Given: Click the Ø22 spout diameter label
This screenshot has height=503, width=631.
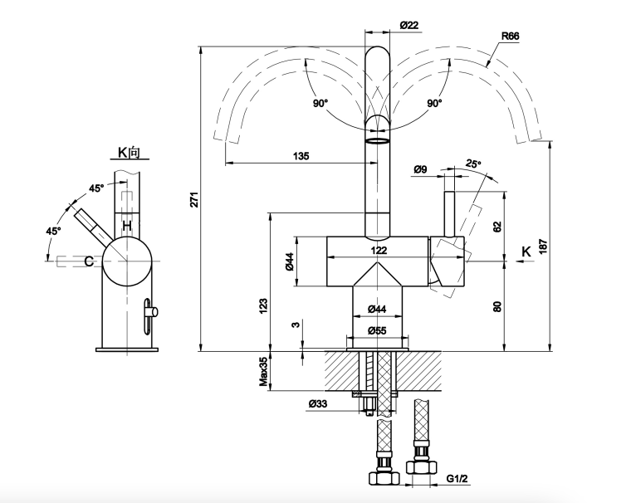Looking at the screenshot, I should point(408,26).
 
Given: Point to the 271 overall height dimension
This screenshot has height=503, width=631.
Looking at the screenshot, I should point(193,199).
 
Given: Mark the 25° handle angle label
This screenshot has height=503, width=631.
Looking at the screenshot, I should point(474,163).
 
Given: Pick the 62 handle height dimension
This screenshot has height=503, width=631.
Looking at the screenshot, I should point(497,226).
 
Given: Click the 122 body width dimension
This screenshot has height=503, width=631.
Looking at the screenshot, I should point(378,250).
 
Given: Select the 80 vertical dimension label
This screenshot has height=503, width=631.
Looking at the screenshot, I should point(497,305).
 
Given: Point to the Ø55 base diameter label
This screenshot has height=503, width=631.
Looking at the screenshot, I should point(378,330).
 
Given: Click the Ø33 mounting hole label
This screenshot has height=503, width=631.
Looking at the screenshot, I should point(318,404).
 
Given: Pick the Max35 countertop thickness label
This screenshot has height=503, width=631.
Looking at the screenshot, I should point(262,372).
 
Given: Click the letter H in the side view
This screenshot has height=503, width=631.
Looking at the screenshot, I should point(127,226).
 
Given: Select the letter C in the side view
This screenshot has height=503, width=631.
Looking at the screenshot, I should point(88,261).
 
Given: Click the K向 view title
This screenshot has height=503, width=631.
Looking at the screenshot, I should point(129,154).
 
